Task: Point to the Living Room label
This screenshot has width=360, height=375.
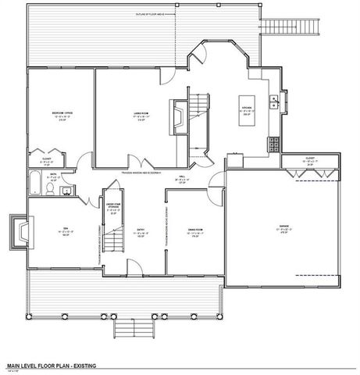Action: (x=141, y=116)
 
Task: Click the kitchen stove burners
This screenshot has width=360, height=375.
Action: (x=274, y=144)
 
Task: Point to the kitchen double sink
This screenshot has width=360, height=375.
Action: (x=274, y=102)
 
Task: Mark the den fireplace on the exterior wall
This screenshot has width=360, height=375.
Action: (x=19, y=232)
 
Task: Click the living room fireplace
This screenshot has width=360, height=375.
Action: (x=179, y=118)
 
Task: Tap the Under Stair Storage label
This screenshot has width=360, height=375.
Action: (x=114, y=209)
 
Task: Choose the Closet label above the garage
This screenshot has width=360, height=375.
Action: (x=310, y=160)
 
